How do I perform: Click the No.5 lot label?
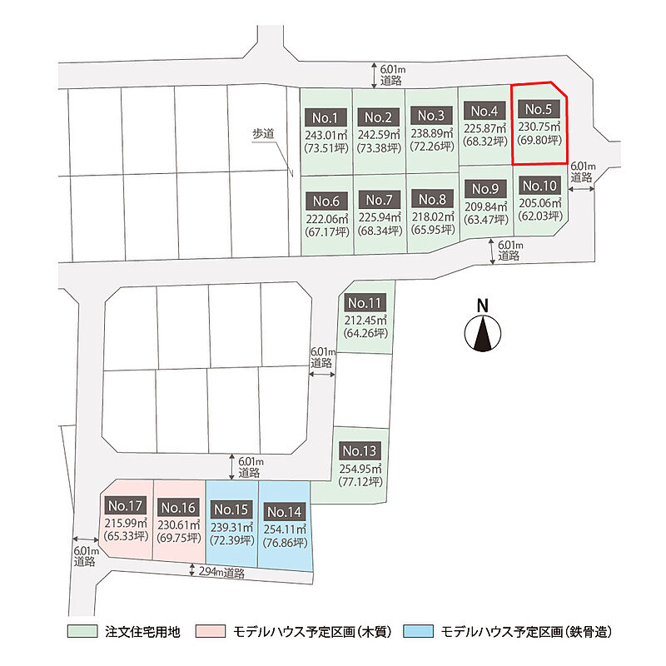539,110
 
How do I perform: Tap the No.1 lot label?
326,117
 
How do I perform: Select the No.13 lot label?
360,450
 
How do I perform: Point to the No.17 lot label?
126,505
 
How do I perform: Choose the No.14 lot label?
284,512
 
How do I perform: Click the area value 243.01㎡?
326,136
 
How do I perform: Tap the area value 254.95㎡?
360,469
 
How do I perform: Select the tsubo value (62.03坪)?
539,216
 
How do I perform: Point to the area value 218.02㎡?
433,216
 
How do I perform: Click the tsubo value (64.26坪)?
365,333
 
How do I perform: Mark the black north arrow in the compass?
483,334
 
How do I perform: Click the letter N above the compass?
483,306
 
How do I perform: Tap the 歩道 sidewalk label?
263,134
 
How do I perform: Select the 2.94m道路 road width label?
221,572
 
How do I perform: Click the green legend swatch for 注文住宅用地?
82,631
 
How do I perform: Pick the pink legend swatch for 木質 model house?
211,631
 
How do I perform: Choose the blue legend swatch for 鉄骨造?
419,631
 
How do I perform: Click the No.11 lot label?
365,303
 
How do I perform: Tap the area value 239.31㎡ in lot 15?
232,527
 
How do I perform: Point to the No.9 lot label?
485,188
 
